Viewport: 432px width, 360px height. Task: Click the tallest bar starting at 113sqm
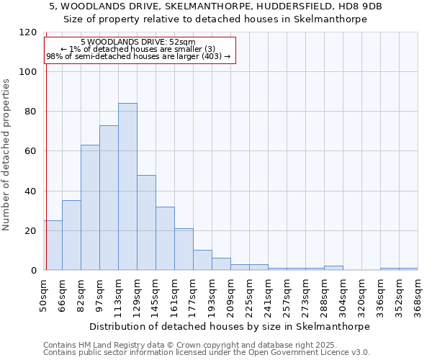pos(127,187)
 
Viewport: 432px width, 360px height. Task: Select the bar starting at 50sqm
pos(53,246)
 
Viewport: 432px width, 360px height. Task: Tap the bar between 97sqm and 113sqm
pos(109,198)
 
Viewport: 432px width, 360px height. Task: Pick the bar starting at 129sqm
pos(146,222)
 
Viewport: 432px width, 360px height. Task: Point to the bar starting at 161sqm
pos(184,249)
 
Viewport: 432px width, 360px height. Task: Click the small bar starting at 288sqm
pos(333,268)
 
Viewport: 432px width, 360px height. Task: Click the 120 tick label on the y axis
pos(28,32)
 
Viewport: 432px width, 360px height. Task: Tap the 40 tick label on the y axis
pos(32,192)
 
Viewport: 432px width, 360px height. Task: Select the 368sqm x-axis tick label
pos(418,296)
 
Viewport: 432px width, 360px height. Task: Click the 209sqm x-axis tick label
pos(231,296)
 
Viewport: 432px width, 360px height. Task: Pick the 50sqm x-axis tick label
pos(44,296)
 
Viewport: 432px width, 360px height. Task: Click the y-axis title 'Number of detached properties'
pos(7,155)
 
